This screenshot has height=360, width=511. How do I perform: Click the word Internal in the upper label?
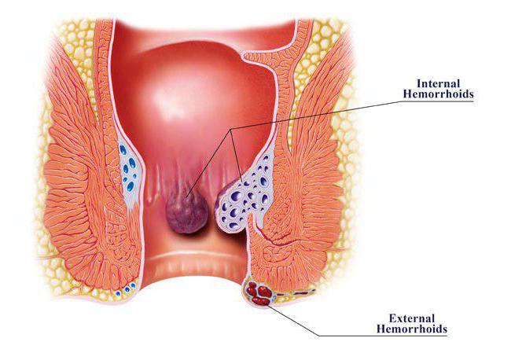point(439,83)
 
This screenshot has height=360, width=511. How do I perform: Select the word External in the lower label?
point(412,318)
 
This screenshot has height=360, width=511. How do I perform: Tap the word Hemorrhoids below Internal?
point(438,94)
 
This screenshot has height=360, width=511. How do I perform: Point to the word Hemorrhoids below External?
point(412,329)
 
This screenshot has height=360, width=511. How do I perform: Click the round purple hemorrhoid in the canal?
point(186,211)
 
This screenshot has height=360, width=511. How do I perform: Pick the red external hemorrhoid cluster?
point(259,293)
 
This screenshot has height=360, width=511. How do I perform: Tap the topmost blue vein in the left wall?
point(123,150)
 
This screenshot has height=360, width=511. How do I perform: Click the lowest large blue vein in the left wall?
point(131,186)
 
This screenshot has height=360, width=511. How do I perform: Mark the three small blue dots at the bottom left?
point(126,289)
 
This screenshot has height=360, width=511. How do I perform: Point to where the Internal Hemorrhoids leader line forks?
point(230,130)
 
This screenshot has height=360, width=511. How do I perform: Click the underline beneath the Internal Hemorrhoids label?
point(436,101)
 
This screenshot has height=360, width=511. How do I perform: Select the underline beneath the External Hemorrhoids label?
point(383,335)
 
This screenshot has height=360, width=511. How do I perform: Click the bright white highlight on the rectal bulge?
point(170,97)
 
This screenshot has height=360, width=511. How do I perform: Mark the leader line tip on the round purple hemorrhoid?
point(186,197)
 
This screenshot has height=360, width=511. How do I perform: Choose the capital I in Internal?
point(420,83)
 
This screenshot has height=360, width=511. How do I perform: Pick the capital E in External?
point(393,318)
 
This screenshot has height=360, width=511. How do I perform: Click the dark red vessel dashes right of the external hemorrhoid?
point(295,292)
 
